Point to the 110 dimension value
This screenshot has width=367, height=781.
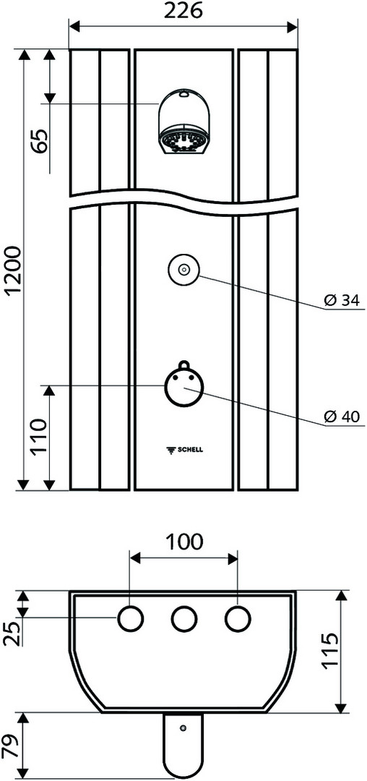[40, 438]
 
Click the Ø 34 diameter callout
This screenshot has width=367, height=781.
[341, 300]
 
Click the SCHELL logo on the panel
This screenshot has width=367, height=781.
[183, 451]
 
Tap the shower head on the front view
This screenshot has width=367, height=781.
[183, 122]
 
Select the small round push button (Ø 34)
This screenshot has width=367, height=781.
[183, 270]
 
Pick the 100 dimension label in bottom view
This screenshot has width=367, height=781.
[183, 542]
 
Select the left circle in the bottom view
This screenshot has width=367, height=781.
[130, 619]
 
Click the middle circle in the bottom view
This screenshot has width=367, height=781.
[183, 619]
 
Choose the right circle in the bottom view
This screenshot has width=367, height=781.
[237, 619]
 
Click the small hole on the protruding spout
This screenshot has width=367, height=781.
[183, 728]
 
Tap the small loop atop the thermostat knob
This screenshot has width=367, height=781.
[183, 365]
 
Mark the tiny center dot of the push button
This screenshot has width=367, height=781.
[183, 270]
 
